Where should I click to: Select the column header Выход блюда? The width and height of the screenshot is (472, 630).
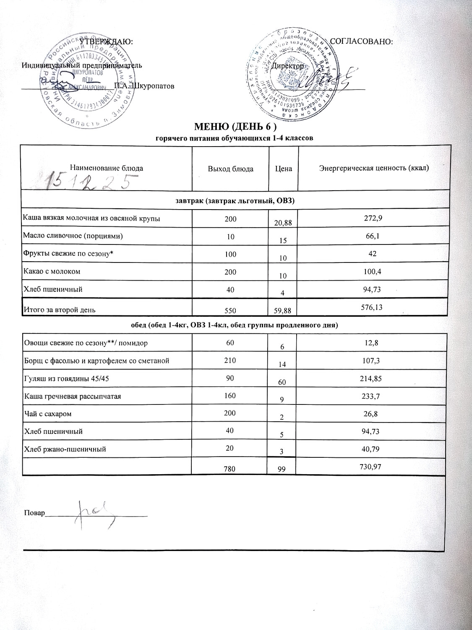230,169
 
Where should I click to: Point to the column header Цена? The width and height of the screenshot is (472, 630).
284,169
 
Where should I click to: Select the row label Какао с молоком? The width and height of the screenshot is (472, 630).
52,271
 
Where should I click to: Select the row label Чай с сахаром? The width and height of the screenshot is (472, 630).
47,414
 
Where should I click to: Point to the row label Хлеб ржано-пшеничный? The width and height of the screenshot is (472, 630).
64,449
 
